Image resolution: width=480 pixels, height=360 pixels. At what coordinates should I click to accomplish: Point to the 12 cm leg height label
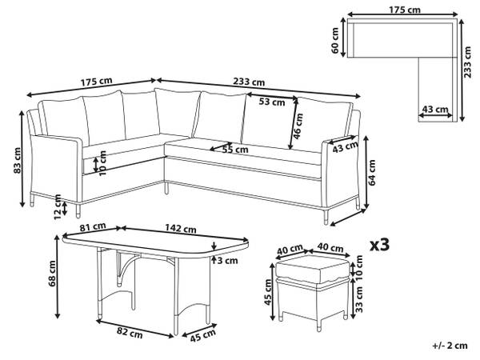click(x=57, y=210)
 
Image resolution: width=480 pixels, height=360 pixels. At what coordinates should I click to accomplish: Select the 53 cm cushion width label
click(x=271, y=102)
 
